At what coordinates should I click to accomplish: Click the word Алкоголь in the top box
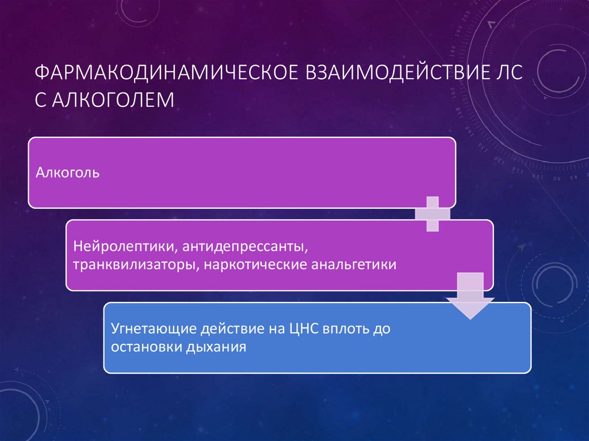(x=68, y=172)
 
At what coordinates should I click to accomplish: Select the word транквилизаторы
(x=130, y=265)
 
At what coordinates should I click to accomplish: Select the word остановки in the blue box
(x=143, y=348)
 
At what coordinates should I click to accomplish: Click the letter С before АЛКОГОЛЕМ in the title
(x=42, y=99)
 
